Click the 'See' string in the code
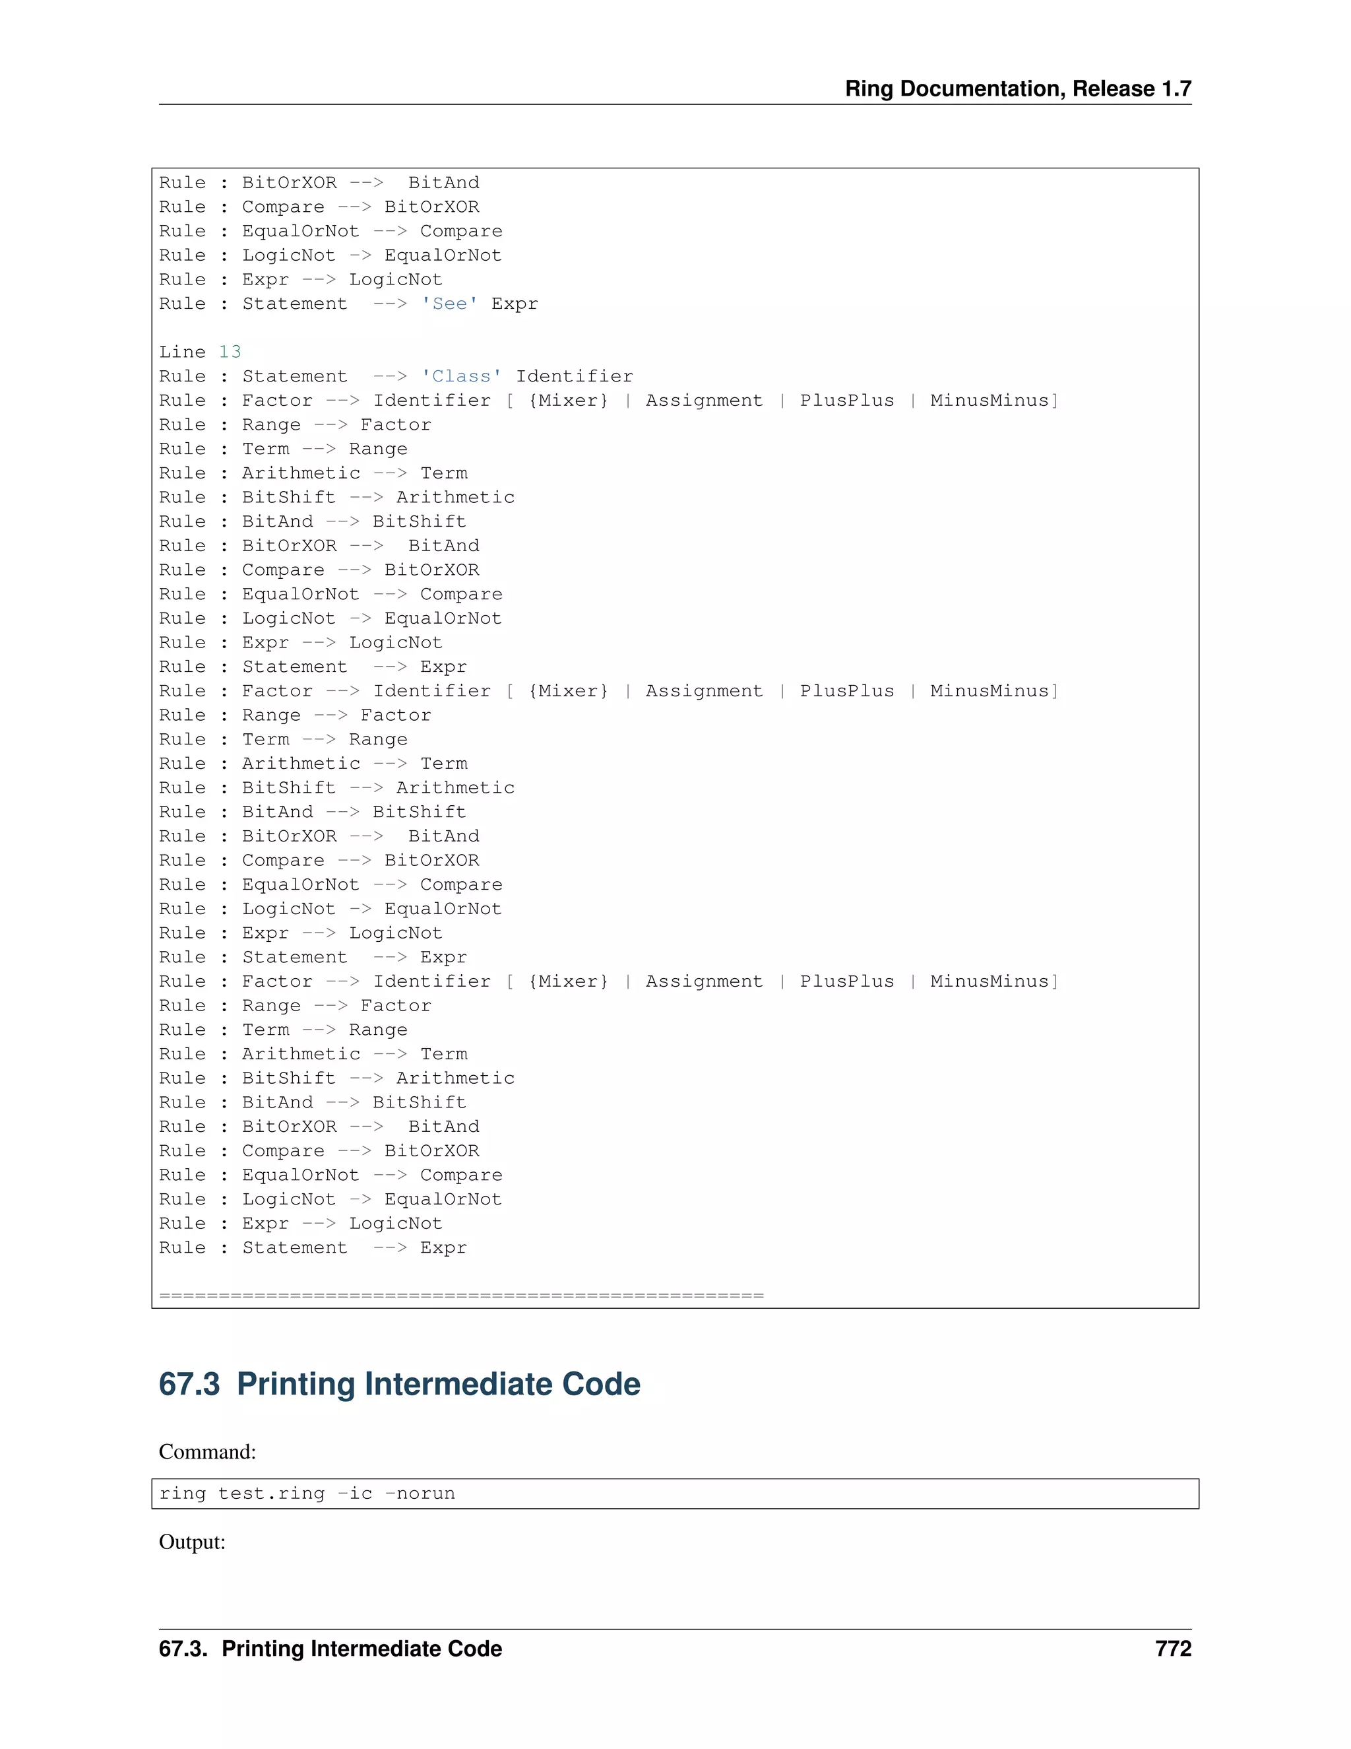click(450, 304)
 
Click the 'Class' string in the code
click(462, 376)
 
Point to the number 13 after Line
click(230, 352)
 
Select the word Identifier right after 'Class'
click(574, 376)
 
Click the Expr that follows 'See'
click(515, 304)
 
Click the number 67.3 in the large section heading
click(189, 1385)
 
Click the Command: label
click(207, 1452)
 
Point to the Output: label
click(192, 1542)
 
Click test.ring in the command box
click(271, 1494)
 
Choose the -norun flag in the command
click(420, 1494)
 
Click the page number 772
click(1174, 1649)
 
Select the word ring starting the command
click(183, 1494)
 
